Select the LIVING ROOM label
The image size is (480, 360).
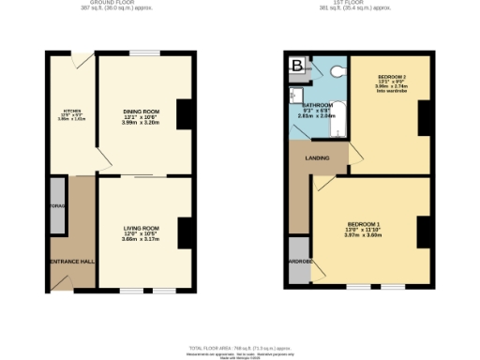[142, 228]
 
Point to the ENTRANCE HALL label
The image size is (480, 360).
[71, 261]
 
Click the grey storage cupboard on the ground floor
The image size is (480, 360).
[56, 215]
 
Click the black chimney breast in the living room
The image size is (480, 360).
[185, 232]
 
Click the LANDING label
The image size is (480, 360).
[317, 157]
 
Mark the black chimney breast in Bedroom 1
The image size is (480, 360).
[424, 232]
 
